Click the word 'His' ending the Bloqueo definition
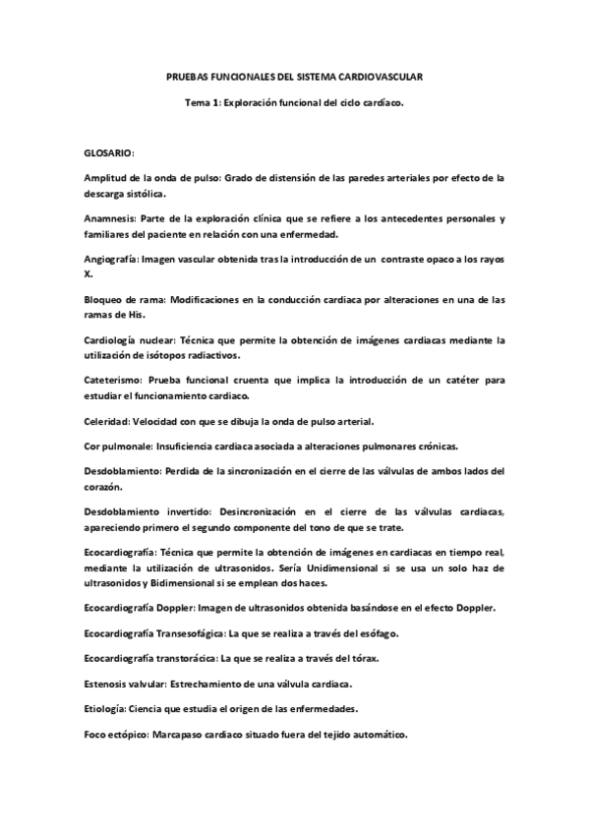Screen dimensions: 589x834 pyautogui.click(x=134, y=314)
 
